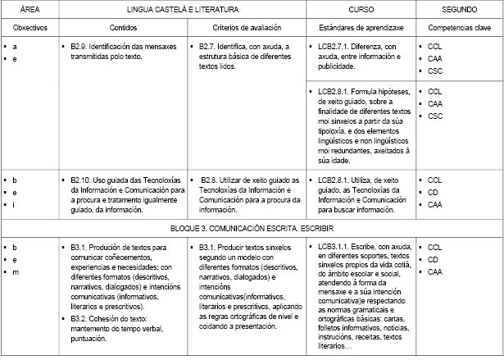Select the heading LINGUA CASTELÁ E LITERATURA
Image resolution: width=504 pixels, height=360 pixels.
point(182,9)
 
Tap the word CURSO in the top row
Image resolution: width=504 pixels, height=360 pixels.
point(360,9)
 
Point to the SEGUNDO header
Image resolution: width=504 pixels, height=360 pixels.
point(458,9)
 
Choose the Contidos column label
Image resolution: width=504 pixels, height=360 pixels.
point(120,28)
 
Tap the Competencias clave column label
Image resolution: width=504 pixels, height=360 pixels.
point(458,28)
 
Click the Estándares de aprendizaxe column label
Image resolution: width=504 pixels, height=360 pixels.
point(361,28)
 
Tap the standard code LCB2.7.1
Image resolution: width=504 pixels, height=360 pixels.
point(337,47)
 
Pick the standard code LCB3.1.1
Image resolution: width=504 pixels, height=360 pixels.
point(337,247)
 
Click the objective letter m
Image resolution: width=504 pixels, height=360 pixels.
point(16,271)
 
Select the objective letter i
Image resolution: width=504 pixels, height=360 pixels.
point(15,204)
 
